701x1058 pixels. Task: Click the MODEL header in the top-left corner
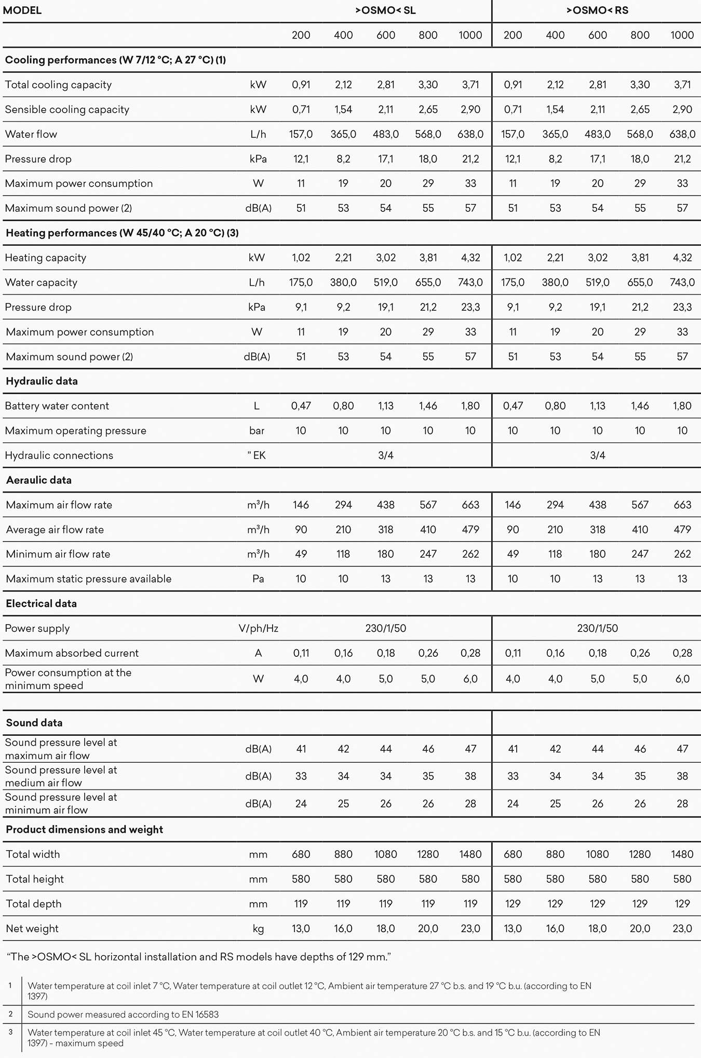tap(22, 10)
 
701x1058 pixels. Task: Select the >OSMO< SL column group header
tap(385, 10)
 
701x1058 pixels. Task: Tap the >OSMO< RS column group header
tap(597, 10)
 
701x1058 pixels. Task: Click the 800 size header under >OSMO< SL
tap(428, 35)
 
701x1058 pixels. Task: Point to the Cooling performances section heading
tap(115, 60)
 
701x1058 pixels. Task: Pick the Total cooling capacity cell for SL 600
tap(385, 85)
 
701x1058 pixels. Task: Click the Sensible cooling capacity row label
tap(67, 110)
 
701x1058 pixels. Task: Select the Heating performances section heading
tap(122, 233)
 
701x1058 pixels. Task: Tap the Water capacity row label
tap(41, 283)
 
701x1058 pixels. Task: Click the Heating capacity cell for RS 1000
tap(682, 258)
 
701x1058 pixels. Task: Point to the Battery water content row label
tap(57, 406)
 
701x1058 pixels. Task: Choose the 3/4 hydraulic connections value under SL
tap(385, 456)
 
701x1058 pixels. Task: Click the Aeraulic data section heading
tap(39, 480)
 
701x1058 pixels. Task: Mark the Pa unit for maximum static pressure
tap(258, 579)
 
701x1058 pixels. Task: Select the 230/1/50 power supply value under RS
tap(597, 628)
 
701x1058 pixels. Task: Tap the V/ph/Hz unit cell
tap(258, 628)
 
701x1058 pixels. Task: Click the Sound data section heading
tap(34, 723)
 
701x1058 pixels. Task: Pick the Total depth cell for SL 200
tap(301, 904)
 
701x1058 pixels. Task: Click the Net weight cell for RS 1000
tap(682, 929)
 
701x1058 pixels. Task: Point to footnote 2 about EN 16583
tap(123, 1014)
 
